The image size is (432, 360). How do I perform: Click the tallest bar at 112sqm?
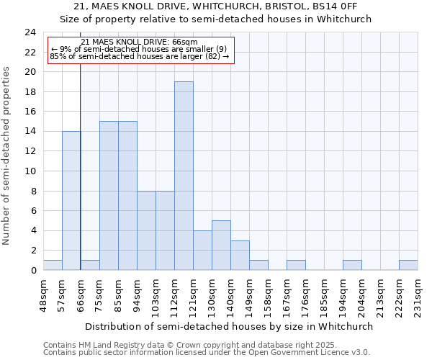pyautogui.click(x=184, y=176)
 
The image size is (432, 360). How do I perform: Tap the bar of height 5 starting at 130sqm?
pyautogui.click(x=221, y=245)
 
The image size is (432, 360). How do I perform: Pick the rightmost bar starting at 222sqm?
pyautogui.click(x=408, y=265)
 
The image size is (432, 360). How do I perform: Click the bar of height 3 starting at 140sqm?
pyautogui.click(x=240, y=255)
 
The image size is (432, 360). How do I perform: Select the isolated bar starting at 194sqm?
pyautogui.click(x=352, y=265)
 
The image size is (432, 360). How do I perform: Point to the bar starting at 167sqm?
pyautogui.click(x=296, y=265)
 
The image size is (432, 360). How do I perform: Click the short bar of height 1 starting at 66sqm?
pyautogui.click(x=90, y=265)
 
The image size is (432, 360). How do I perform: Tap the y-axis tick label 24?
pyautogui.click(x=30, y=32)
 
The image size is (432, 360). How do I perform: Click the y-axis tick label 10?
pyautogui.click(x=30, y=171)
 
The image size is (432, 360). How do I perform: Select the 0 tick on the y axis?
pyautogui.click(x=33, y=271)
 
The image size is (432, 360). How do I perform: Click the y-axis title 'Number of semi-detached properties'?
pyautogui.click(x=7, y=156)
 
